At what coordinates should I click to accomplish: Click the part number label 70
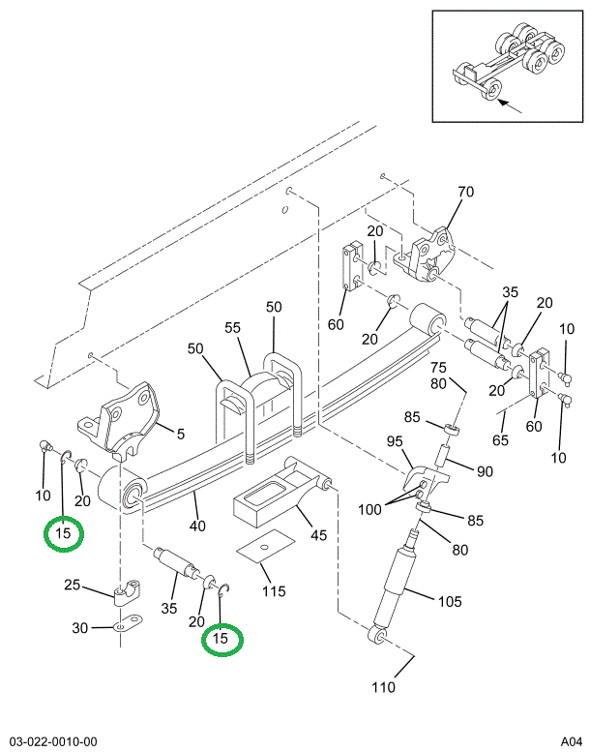[465, 192]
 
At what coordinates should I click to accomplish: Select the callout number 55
[232, 328]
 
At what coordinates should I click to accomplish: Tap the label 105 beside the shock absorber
[450, 601]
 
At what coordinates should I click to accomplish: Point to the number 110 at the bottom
[384, 688]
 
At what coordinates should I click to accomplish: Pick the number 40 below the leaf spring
[198, 526]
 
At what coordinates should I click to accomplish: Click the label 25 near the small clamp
[73, 586]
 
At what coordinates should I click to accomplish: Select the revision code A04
[568, 741]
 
